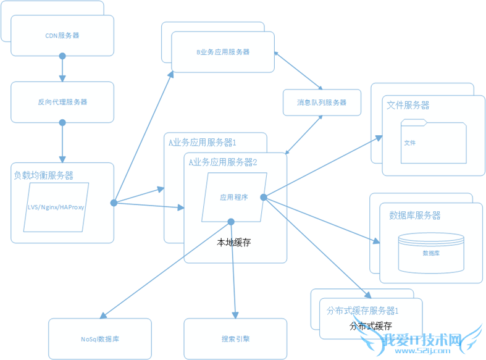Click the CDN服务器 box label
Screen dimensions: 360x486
click(62, 36)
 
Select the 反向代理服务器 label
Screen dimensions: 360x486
click(62, 102)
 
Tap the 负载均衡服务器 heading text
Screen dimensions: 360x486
click(44, 176)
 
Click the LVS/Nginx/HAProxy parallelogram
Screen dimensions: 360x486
click(56, 207)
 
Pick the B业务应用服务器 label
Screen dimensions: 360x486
click(223, 52)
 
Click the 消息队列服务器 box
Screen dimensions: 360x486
click(321, 103)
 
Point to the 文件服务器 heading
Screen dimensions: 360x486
click(408, 106)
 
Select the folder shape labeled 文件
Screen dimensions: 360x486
click(433, 142)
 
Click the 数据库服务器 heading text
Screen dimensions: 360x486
click(415, 216)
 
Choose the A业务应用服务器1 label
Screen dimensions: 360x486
click(203, 143)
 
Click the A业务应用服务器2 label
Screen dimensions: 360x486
click(223, 162)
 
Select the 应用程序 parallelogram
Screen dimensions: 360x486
click(234, 198)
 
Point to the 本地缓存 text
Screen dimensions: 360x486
click(234, 243)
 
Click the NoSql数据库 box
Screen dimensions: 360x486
click(100, 339)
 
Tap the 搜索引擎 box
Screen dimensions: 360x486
click(235, 339)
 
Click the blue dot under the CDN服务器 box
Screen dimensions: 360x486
click(62, 56)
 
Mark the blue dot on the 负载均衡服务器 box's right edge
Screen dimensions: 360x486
click(114, 203)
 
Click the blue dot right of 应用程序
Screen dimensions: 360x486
click(263, 198)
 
